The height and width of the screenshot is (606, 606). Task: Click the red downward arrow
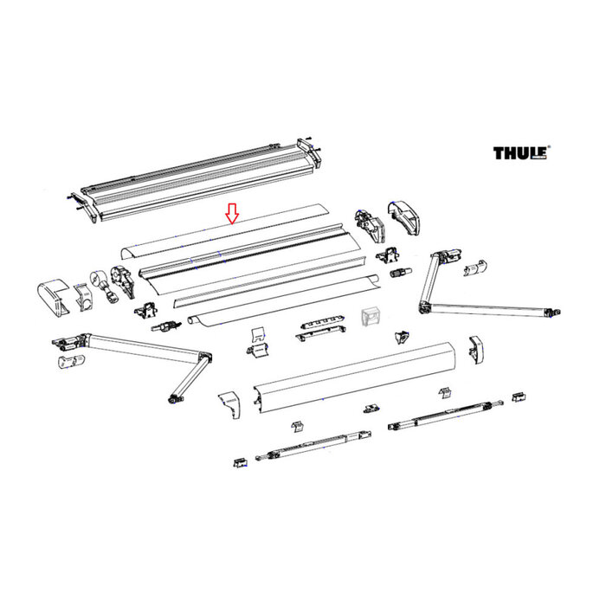(231, 214)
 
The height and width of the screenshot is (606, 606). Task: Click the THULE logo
(521, 153)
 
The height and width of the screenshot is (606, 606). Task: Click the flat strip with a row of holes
(315, 326)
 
